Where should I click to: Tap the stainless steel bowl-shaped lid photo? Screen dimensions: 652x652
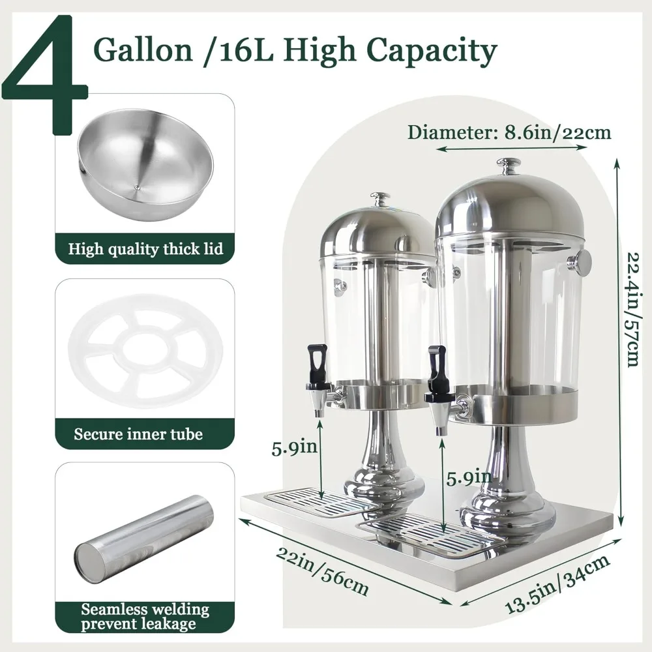pos(145,164)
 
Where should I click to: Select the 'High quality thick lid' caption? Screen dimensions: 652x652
pos(145,248)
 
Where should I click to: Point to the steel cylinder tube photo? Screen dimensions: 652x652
pos(145,538)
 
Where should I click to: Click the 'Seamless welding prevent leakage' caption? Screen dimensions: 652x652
pos(145,617)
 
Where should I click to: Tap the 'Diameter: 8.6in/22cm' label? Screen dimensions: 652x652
pos(509,132)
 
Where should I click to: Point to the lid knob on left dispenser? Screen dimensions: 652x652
pos(380,198)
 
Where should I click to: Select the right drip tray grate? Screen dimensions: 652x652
pos(434,535)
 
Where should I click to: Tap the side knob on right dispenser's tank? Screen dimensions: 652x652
pos(580,263)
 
